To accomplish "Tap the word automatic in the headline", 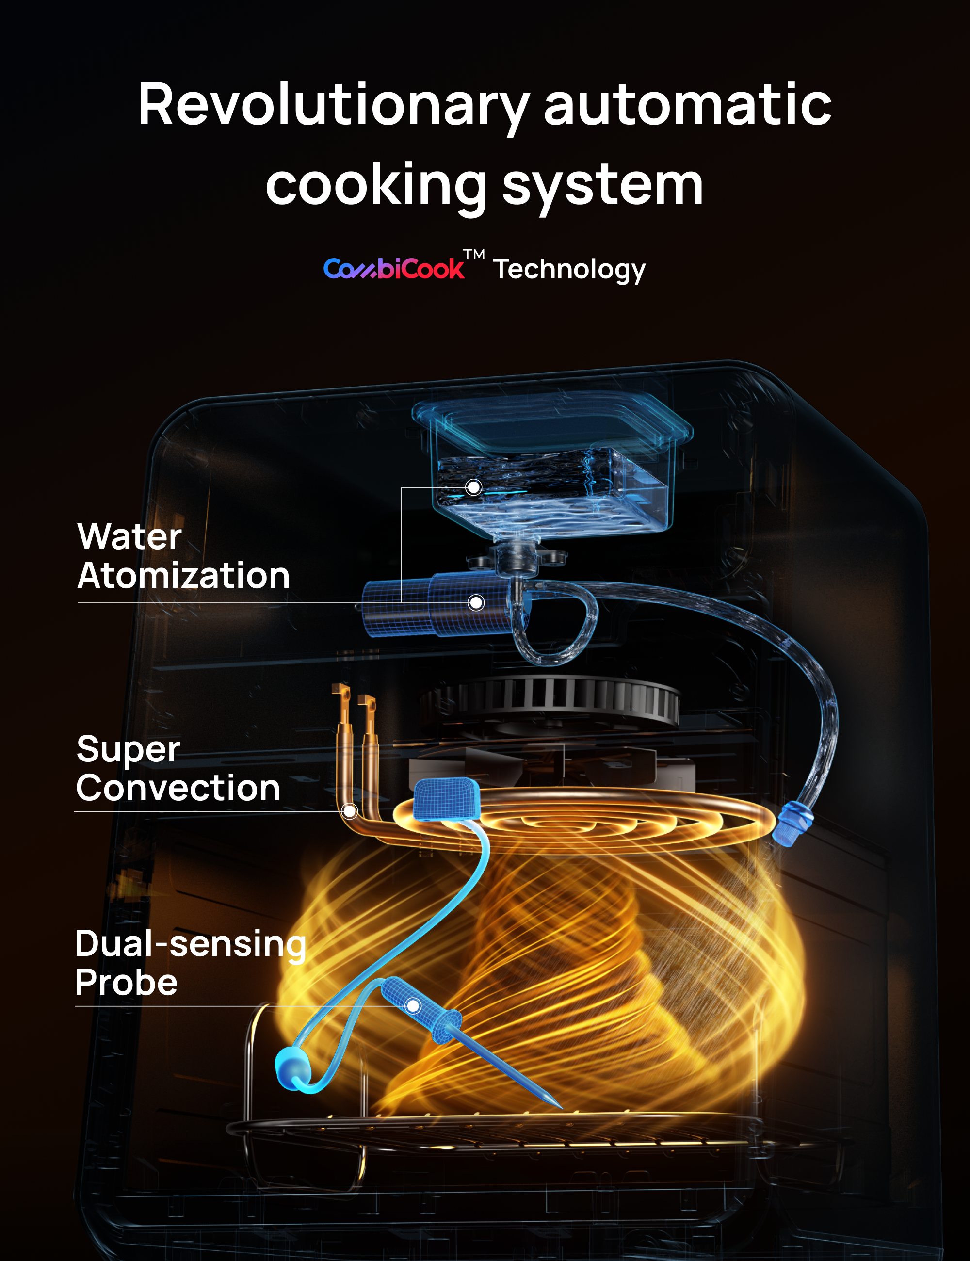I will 687,106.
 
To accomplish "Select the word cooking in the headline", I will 375,186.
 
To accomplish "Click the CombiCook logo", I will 393,269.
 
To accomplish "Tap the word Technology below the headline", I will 569,269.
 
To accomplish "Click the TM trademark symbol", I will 474,254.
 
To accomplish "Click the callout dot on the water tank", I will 473,487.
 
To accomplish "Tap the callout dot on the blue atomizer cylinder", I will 476,603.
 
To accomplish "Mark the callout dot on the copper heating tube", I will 349,811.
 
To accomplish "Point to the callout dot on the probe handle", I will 413,1006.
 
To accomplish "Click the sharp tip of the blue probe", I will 559,1106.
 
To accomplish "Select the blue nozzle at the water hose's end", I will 793,824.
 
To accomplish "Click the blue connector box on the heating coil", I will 446,798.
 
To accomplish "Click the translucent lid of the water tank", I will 551,421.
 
